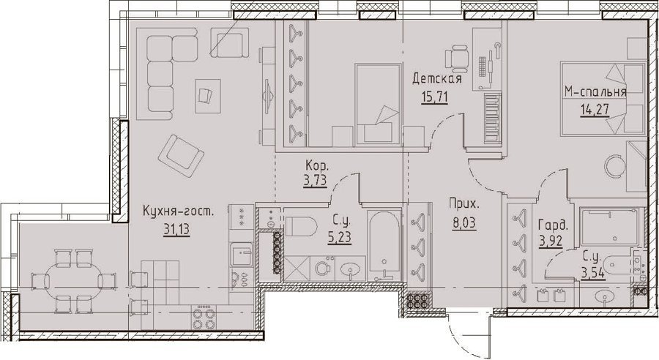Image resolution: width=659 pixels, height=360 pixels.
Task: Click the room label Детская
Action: [x=437, y=78]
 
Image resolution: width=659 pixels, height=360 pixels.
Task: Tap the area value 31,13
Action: [x=176, y=229]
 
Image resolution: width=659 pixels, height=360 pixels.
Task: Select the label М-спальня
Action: [x=595, y=91]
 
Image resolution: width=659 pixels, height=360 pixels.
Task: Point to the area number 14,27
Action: [x=595, y=110]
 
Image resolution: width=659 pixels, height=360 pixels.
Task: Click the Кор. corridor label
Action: [x=317, y=165]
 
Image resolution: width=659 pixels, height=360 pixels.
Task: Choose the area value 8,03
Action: [x=464, y=222]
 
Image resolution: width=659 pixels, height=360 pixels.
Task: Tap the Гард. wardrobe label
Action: [x=553, y=227]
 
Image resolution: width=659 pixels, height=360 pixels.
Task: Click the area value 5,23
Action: [x=339, y=238]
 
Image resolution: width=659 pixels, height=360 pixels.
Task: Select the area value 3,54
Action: [x=593, y=274]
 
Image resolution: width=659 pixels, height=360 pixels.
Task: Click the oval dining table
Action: [x=73, y=280]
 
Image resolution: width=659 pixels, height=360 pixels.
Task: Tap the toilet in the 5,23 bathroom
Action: [x=300, y=226]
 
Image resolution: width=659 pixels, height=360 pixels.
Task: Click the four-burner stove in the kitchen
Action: [x=204, y=317]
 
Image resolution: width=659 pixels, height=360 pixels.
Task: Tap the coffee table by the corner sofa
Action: [x=208, y=96]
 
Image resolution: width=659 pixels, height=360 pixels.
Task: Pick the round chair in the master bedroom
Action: [x=615, y=166]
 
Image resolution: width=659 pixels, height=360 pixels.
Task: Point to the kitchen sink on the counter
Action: [x=241, y=255]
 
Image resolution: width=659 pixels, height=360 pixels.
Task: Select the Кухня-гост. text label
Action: [x=178, y=211]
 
